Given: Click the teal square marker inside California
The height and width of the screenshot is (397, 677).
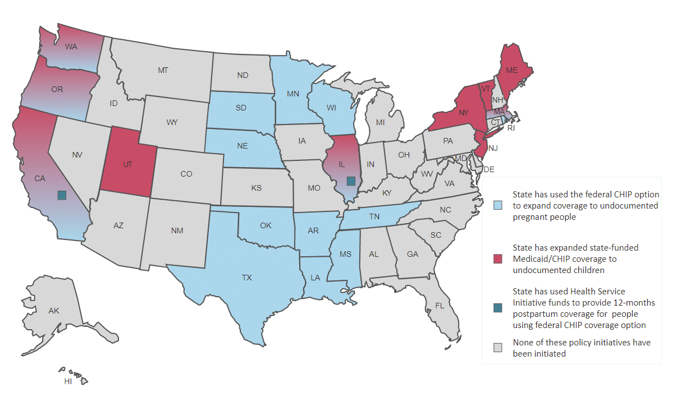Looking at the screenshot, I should [62, 195].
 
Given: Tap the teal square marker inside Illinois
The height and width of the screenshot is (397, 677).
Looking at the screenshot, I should [351, 181].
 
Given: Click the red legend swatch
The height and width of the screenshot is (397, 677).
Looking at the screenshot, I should [497, 258].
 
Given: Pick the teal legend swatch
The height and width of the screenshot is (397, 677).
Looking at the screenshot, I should [497, 308].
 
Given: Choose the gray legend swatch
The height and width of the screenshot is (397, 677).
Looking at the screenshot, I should [497, 348].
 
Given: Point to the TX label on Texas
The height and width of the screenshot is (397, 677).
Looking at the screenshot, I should [246, 278].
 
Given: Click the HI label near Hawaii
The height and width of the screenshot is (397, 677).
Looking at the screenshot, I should [68, 381].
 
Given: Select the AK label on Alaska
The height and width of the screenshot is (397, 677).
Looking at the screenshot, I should [54, 311].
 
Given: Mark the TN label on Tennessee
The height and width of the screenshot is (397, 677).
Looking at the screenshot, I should [374, 216].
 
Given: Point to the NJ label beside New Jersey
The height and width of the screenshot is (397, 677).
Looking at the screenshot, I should [493, 149].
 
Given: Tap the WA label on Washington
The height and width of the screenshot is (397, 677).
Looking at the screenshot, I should [71, 47].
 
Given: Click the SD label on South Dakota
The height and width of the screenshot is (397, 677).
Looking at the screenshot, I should [241, 108].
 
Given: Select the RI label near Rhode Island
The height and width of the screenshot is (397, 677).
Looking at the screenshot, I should [511, 128].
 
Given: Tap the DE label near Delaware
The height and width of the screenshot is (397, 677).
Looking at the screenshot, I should [489, 169].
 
